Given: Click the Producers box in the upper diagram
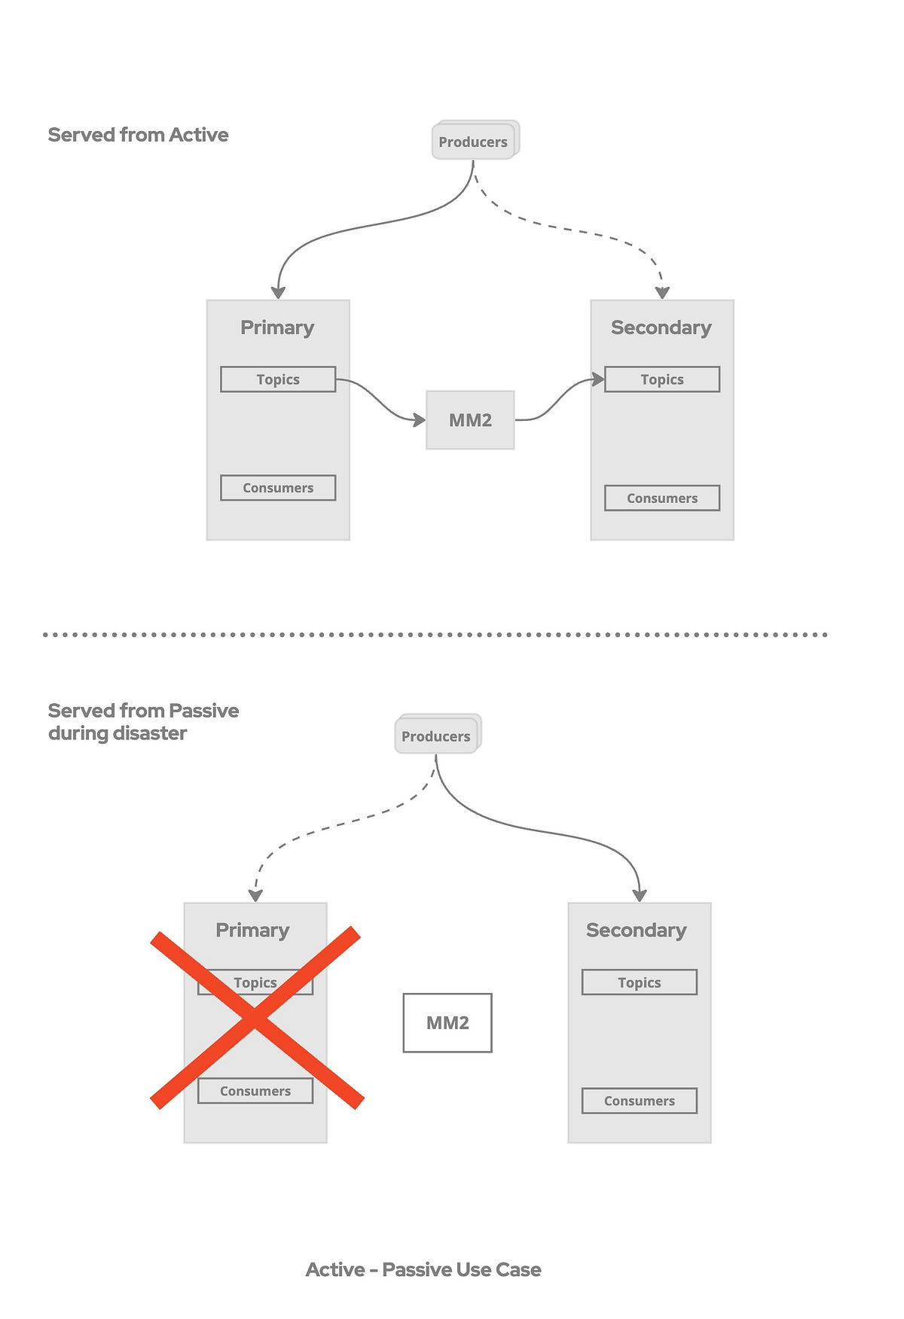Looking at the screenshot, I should click(x=473, y=142).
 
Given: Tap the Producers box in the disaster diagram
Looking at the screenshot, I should click(x=436, y=736).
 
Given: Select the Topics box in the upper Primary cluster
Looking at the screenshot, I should click(x=278, y=379).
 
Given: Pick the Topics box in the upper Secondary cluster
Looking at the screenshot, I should click(x=662, y=379).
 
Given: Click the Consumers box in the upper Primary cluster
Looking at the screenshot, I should click(x=278, y=488).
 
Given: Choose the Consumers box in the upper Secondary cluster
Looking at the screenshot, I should click(x=662, y=498).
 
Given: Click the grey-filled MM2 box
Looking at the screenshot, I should click(x=470, y=420).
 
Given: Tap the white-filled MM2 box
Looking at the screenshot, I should click(x=447, y=1022).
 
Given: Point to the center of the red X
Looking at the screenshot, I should click(x=256, y=1019).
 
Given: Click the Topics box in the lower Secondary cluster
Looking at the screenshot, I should click(x=640, y=982).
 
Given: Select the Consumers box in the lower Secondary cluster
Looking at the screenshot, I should click(x=640, y=1101).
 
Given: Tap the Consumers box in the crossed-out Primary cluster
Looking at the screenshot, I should click(x=255, y=1091).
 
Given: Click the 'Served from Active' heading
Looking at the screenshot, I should click(x=139, y=135).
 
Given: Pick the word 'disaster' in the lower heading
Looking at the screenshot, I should click(x=150, y=733).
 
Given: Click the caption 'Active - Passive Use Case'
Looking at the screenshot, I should click(x=423, y=1270).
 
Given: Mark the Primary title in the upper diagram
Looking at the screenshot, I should click(x=277, y=327).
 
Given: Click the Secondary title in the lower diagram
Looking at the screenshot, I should click(x=637, y=931).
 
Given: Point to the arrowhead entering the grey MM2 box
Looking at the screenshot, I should click(x=420, y=420).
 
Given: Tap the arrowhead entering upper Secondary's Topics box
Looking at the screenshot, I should click(x=598, y=379).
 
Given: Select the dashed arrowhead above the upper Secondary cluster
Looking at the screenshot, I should click(x=662, y=293).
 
